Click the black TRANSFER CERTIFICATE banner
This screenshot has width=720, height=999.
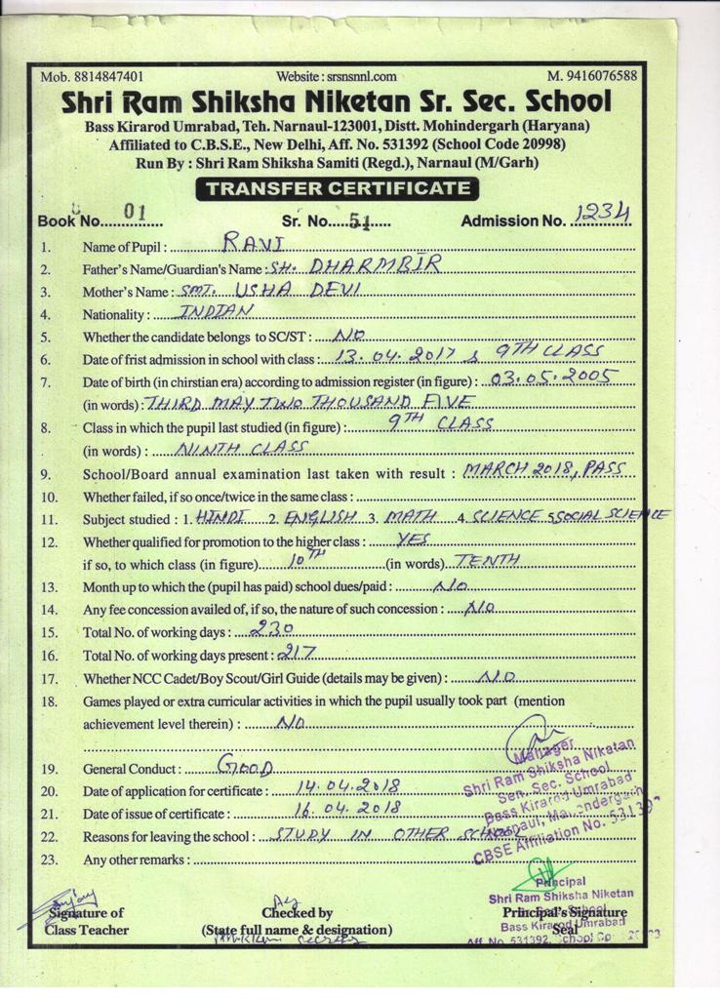[336, 188]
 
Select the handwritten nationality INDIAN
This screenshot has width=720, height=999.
[218, 312]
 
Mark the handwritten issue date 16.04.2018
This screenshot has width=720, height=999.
[348, 810]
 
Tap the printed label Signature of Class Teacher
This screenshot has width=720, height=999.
[87, 921]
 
